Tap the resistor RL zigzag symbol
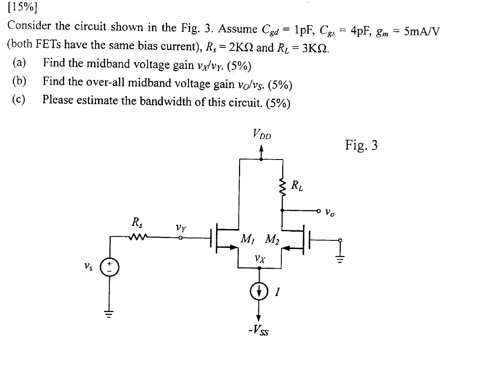point(283,188)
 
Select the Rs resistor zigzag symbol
point(139,237)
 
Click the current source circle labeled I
point(260,291)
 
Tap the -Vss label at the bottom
point(259,332)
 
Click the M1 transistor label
point(248,239)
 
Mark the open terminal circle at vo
point(319,212)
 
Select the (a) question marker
point(19,63)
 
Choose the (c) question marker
point(19,100)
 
